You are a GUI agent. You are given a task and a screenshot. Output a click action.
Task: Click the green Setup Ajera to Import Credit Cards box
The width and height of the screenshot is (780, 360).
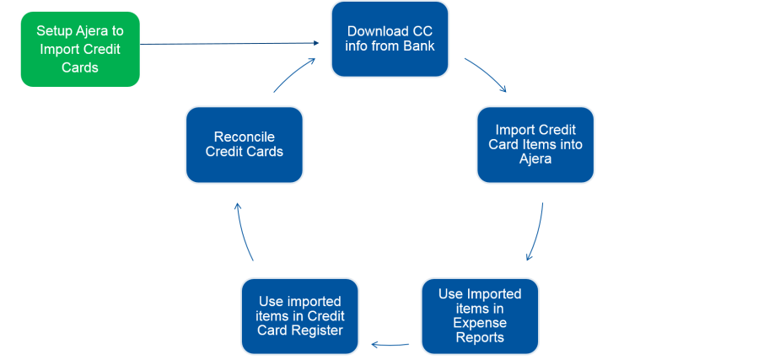tap(80, 50)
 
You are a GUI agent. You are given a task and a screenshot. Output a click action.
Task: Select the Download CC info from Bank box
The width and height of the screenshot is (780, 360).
tap(390, 39)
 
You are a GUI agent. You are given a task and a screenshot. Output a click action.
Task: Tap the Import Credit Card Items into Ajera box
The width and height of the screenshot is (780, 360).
tap(535, 144)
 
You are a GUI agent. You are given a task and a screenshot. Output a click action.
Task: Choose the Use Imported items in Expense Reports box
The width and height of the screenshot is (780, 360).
tap(480, 315)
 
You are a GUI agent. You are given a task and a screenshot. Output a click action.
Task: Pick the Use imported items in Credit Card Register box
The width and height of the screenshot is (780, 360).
tap(300, 315)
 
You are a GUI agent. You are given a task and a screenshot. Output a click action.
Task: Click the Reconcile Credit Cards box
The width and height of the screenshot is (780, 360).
tap(245, 144)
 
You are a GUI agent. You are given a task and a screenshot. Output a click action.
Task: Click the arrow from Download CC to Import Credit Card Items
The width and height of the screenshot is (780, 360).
tap(486, 74)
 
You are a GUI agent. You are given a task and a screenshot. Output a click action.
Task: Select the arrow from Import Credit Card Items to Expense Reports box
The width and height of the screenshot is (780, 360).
tap(536, 232)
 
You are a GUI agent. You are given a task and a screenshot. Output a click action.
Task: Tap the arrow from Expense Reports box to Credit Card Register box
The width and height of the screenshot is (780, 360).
tap(391, 344)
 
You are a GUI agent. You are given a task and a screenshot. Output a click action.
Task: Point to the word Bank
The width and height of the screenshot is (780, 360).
tap(418, 46)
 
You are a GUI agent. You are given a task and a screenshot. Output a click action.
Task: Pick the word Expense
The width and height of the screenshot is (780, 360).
tap(480, 323)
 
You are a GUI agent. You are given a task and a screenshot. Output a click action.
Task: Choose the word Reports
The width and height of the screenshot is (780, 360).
tap(480, 337)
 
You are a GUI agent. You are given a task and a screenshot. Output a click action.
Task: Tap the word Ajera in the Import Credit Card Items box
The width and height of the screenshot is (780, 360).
tap(535, 159)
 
